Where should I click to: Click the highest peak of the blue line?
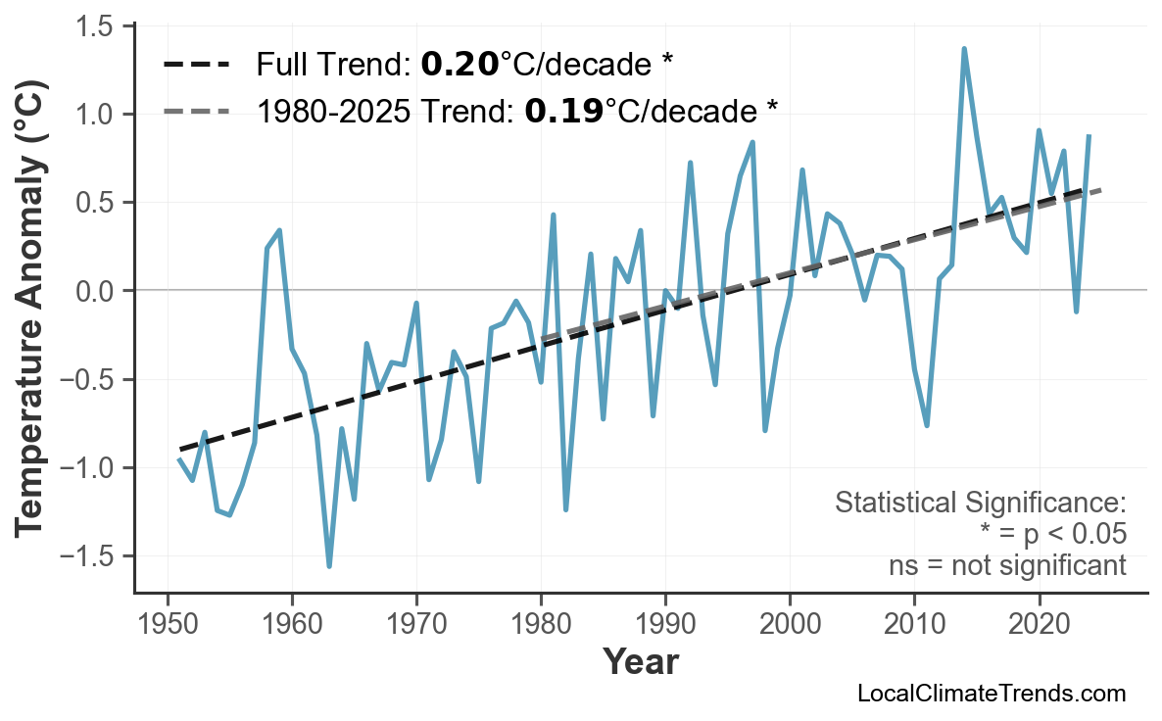(x=964, y=48)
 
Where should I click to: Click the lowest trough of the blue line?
(x=329, y=566)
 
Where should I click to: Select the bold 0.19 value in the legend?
(x=563, y=111)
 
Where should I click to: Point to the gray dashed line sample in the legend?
(x=196, y=111)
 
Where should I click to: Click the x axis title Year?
(x=640, y=662)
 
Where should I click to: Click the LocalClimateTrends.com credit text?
(x=991, y=694)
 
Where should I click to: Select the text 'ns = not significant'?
(x=1006, y=565)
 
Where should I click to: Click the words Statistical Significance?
(x=980, y=504)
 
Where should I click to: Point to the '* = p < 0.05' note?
(x=1052, y=535)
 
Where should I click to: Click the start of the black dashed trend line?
(x=180, y=449)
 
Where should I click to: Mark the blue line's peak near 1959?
(x=280, y=230)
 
